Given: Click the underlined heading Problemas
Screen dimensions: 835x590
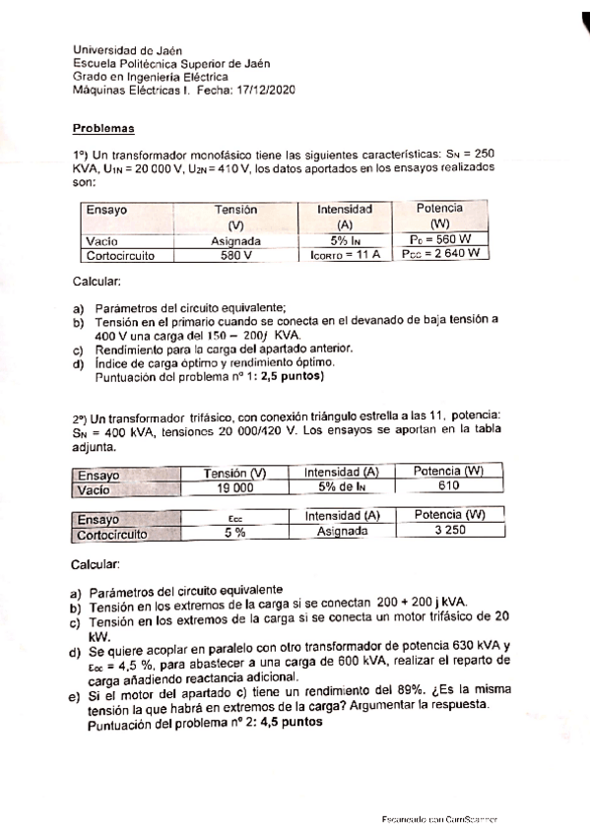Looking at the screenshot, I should pyautogui.click(x=102, y=128).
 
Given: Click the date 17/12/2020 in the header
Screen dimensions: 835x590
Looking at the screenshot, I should pyautogui.click(x=267, y=89).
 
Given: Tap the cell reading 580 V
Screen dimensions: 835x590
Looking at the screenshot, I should pyautogui.click(x=235, y=254).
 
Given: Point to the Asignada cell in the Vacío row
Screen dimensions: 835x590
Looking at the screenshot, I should pyautogui.click(x=236, y=239).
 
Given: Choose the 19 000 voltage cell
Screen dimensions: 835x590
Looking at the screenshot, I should pyautogui.click(x=235, y=487).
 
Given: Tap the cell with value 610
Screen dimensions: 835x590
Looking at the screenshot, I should pyautogui.click(x=449, y=487).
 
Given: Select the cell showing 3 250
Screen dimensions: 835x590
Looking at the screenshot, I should pyautogui.click(x=449, y=532).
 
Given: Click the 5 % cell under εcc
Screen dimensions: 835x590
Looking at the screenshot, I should pyautogui.click(x=234, y=532).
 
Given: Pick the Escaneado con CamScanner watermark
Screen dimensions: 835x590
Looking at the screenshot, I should pyautogui.click(x=438, y=819).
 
